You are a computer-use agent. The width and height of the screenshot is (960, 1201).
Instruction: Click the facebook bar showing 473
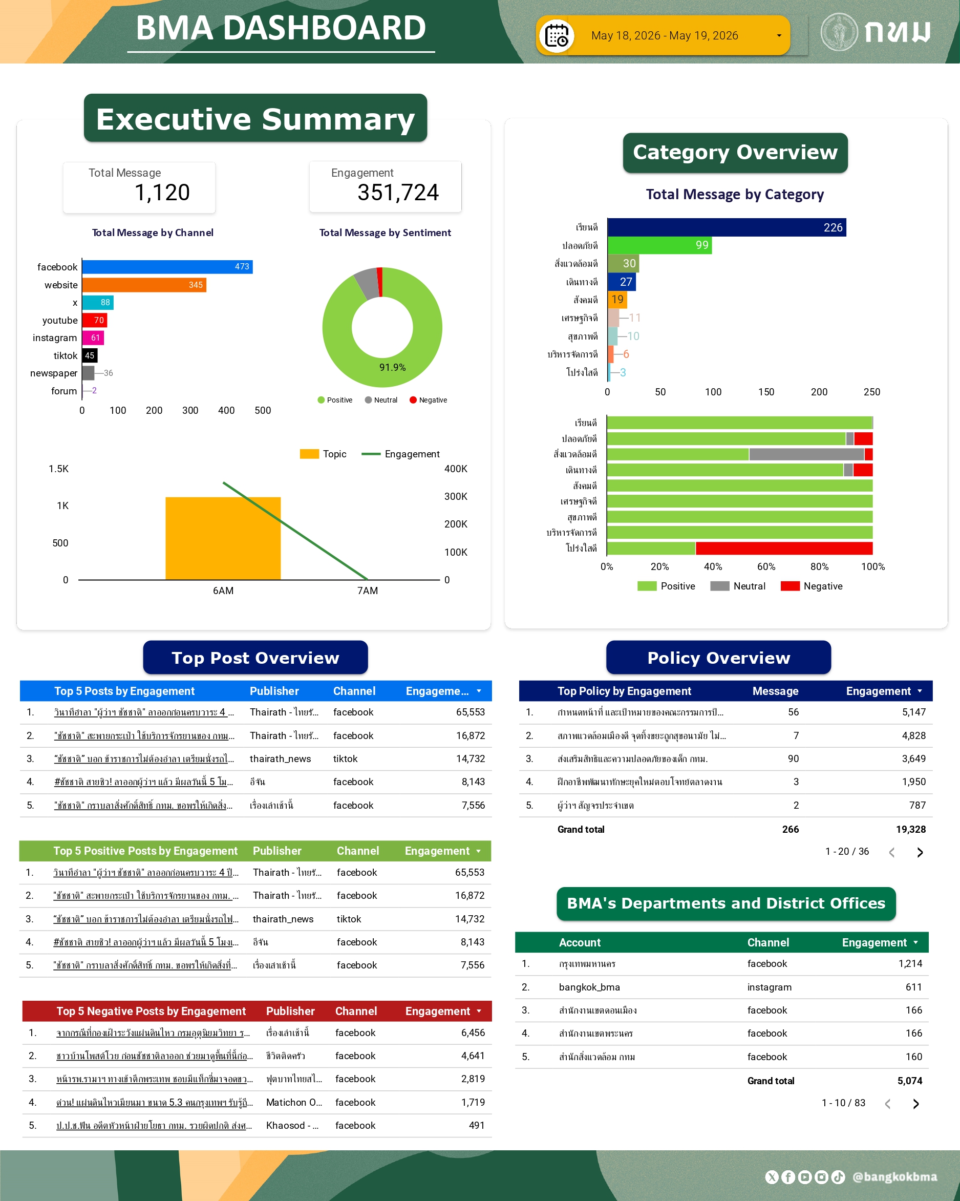tap(167, 267)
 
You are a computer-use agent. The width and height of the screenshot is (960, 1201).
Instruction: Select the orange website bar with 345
tap(144, 285)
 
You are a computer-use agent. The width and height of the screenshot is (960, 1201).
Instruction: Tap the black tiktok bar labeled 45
tap(90, 355)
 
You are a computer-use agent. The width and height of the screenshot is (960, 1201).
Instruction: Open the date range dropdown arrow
tap(778, 36)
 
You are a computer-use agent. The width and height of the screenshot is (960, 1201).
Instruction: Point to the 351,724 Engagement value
tap(398, 193)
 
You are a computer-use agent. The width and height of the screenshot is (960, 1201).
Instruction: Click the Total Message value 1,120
tap(163, 193)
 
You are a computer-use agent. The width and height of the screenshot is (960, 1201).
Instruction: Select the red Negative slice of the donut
tap(380, 282)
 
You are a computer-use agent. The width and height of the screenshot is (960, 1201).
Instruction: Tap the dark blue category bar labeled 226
tap(727, 227)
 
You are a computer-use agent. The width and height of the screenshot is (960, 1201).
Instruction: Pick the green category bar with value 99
tap(659, 245)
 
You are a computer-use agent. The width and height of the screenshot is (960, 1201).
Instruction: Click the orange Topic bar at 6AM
tap(223, 538)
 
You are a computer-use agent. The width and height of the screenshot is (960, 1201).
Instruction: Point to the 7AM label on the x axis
tap(368, 591)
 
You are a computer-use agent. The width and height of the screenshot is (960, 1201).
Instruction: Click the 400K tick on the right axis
tap(456, 469)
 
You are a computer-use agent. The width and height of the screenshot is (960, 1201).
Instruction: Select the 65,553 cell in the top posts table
tap(470, 712)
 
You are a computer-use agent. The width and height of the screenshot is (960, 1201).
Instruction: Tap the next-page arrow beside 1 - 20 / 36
tap(920, 852)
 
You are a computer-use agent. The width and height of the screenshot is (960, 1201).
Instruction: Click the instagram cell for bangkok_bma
tap(769, 987)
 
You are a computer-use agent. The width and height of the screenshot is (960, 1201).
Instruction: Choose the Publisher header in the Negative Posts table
tap(290, 1011)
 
